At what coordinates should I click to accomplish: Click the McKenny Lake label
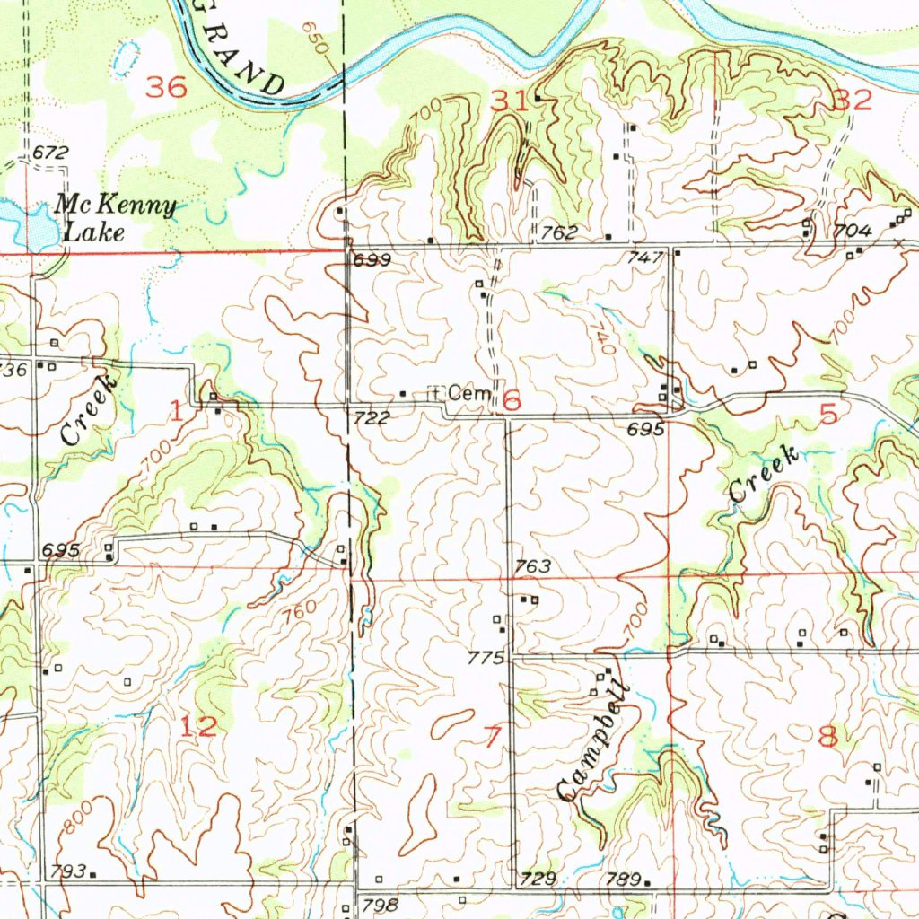coord(115,219)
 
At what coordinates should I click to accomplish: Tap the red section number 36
coord(167,88)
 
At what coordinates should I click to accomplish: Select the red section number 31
coord(509,102)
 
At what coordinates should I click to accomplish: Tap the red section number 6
coord(512,400)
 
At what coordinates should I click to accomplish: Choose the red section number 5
coord(827,414)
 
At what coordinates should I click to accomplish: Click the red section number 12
coord(198,727)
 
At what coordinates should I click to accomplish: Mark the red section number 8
coord(827,737)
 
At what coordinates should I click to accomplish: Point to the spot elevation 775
coord(486,659)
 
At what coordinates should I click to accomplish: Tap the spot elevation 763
coord(532,567)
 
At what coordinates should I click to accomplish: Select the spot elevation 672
coord(51,154)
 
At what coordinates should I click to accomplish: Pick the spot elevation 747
coord(646,257)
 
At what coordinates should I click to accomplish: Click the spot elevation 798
coord(379,905)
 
